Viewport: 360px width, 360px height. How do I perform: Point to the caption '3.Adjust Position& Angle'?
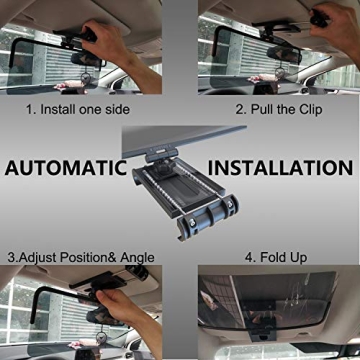point(79,257)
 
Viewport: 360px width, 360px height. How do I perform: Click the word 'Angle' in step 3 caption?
point(134,257)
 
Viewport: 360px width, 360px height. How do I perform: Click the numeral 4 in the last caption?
point(247,257)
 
